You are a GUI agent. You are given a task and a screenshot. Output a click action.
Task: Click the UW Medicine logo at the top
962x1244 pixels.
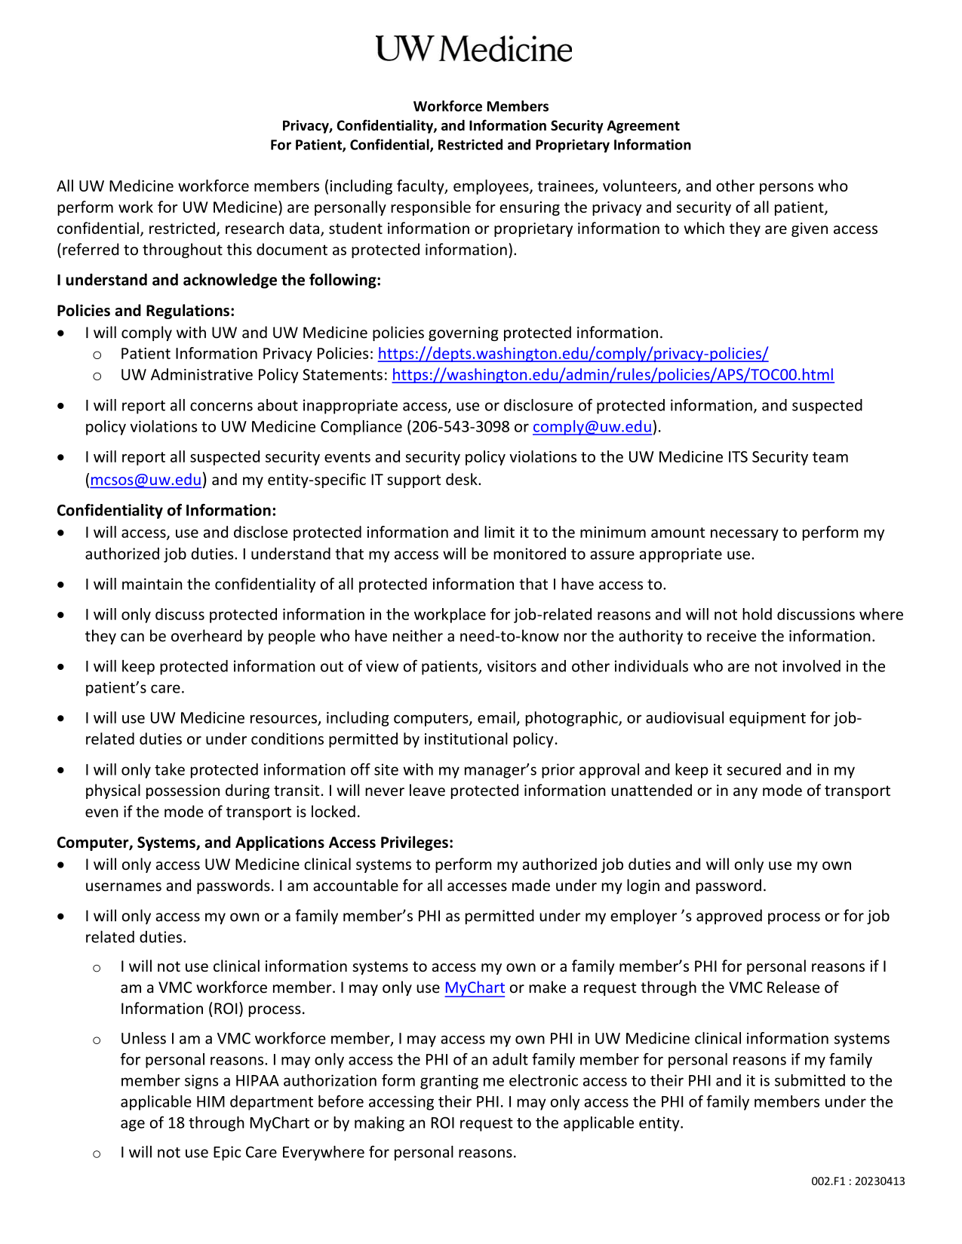474,50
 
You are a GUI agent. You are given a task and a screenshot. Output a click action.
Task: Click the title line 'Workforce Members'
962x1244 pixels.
481,106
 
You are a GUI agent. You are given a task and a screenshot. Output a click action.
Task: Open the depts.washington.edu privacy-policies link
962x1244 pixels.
573,354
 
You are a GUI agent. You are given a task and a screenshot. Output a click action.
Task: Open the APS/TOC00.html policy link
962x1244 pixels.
613,375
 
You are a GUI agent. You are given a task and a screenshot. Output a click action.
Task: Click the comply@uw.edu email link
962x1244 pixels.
592,427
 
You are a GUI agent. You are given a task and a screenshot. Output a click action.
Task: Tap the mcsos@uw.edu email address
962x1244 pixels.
146,480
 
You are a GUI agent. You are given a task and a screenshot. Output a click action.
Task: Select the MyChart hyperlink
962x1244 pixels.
474,988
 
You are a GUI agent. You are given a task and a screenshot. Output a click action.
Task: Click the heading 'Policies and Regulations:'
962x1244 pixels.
146,311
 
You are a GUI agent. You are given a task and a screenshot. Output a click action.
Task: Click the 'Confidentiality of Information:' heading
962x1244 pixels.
166,511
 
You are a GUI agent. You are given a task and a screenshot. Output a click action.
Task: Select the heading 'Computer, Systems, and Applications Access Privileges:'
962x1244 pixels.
255,843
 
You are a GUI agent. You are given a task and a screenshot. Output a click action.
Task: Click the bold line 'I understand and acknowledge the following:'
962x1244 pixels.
219,281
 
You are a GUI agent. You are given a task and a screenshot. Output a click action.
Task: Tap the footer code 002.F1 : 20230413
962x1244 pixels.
858,1181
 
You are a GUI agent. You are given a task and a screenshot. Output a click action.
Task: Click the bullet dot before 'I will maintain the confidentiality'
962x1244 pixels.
61,585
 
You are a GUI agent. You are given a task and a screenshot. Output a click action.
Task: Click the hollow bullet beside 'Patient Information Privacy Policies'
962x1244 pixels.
97,355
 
